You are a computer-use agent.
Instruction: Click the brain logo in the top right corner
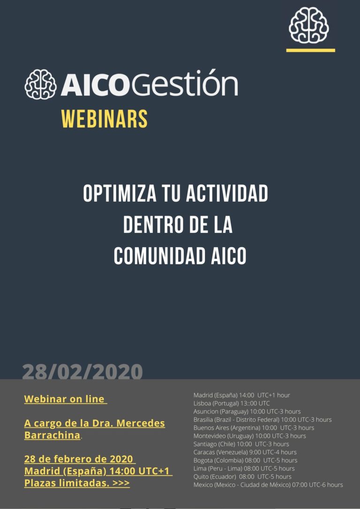(x=309, y=25)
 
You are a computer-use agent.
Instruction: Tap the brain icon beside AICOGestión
(x=41, y=84)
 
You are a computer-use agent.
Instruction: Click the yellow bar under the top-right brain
(x=311, y=50)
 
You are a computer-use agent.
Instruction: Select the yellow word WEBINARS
(x=105, y=119)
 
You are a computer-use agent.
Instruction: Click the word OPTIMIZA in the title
(x=115, y=194)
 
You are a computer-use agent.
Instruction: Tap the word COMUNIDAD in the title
(x=160, y=255)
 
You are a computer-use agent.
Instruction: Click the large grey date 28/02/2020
(x=82, y=372)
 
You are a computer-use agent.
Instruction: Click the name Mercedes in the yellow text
(x=141, y=423)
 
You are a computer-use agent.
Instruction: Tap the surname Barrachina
(x=52, y=435)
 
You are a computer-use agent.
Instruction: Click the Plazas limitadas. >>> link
(x=77, y=483)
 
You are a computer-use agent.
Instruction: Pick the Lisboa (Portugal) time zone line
(x=232, y=403)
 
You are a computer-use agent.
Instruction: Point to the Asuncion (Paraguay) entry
(x=247, y=412)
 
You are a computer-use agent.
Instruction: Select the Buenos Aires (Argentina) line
(x=254, y=428)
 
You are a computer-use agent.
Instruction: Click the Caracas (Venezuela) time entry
(x=245, y=452)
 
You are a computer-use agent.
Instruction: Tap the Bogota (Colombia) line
(x=246, y=460)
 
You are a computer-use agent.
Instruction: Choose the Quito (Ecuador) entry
(x=242, y=477)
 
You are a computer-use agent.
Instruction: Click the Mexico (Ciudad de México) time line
(x=268, y=485)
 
